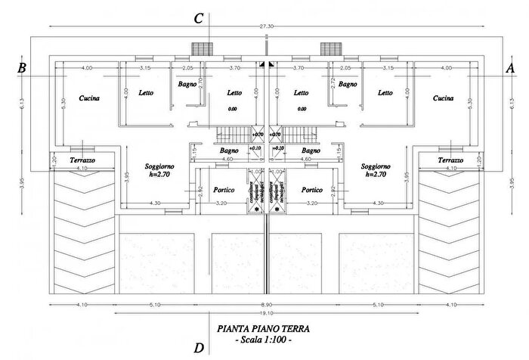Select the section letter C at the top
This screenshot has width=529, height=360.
click(199, 19)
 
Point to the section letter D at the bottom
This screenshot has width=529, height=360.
click(199, 348)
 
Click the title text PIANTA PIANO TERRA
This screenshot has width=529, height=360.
click(262, 329)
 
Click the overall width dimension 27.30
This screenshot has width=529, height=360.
click(264, 26)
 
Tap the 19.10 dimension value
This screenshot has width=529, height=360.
click(264, 312)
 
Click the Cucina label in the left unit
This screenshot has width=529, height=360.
click(90, 98)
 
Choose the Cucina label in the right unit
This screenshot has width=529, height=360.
click(443, 98)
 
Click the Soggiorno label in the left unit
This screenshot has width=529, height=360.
click(162, 166)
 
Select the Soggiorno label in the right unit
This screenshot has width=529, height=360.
click(376, 166)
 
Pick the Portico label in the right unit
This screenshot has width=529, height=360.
click(311, 190)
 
